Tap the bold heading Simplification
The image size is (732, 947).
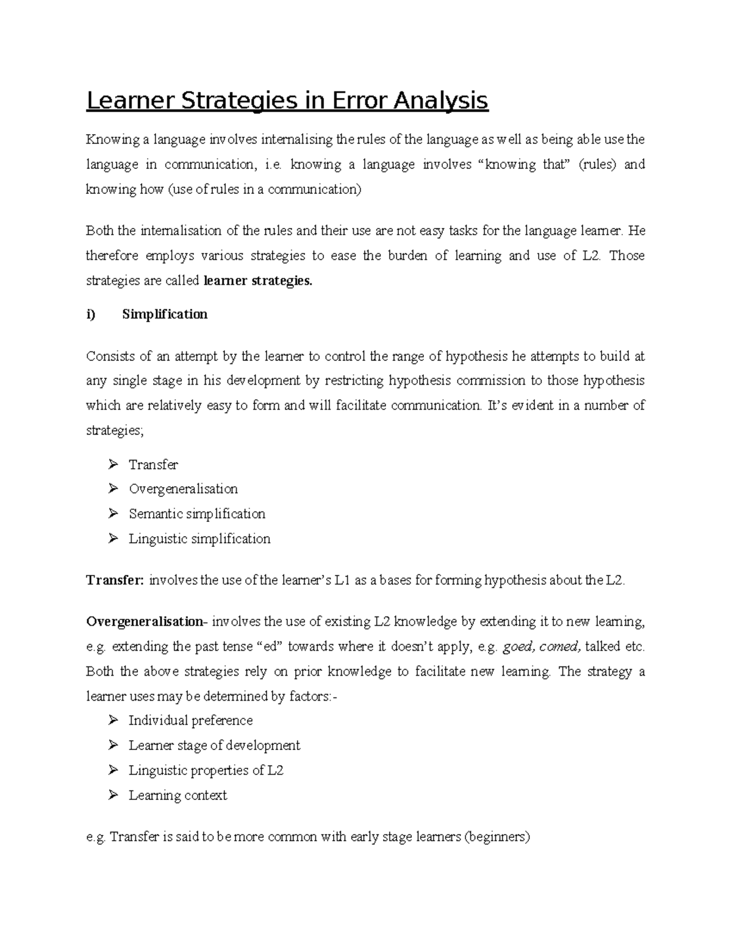coord(165,314)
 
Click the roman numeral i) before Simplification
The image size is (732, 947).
coord(91,314)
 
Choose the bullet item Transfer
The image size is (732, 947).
coord(153,465)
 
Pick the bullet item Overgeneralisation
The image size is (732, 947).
coord(183,489)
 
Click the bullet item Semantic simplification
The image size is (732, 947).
coord(196,514)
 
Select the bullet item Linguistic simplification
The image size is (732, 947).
coord(199,539)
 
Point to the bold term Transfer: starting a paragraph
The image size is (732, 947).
coord(115,580)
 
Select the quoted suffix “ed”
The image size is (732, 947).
coord(269,646)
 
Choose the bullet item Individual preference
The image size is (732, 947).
coord(190,721)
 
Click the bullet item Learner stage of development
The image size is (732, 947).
coord(214,746)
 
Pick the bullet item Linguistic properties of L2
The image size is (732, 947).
coord(206,771)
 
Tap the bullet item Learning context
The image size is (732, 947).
coord(178,796)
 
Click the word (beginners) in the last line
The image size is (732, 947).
coord(497,837)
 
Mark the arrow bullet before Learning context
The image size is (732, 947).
coord(113,795)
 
